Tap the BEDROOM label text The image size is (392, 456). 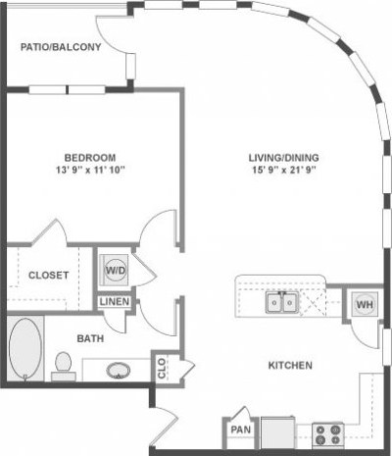click(x=90, y=157)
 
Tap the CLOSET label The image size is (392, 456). click(x=47, y=276)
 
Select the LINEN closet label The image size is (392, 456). click(x=113, y=301)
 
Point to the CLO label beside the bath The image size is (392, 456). click(x=162, y=368)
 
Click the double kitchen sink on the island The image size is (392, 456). click(x=283, y=303)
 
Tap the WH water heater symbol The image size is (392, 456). click(x=364, y=305)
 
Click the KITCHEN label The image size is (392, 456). click(x=290, y=366)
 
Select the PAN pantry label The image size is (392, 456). click(x=240, y=430)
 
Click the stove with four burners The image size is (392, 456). click(x=326, y=432)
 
